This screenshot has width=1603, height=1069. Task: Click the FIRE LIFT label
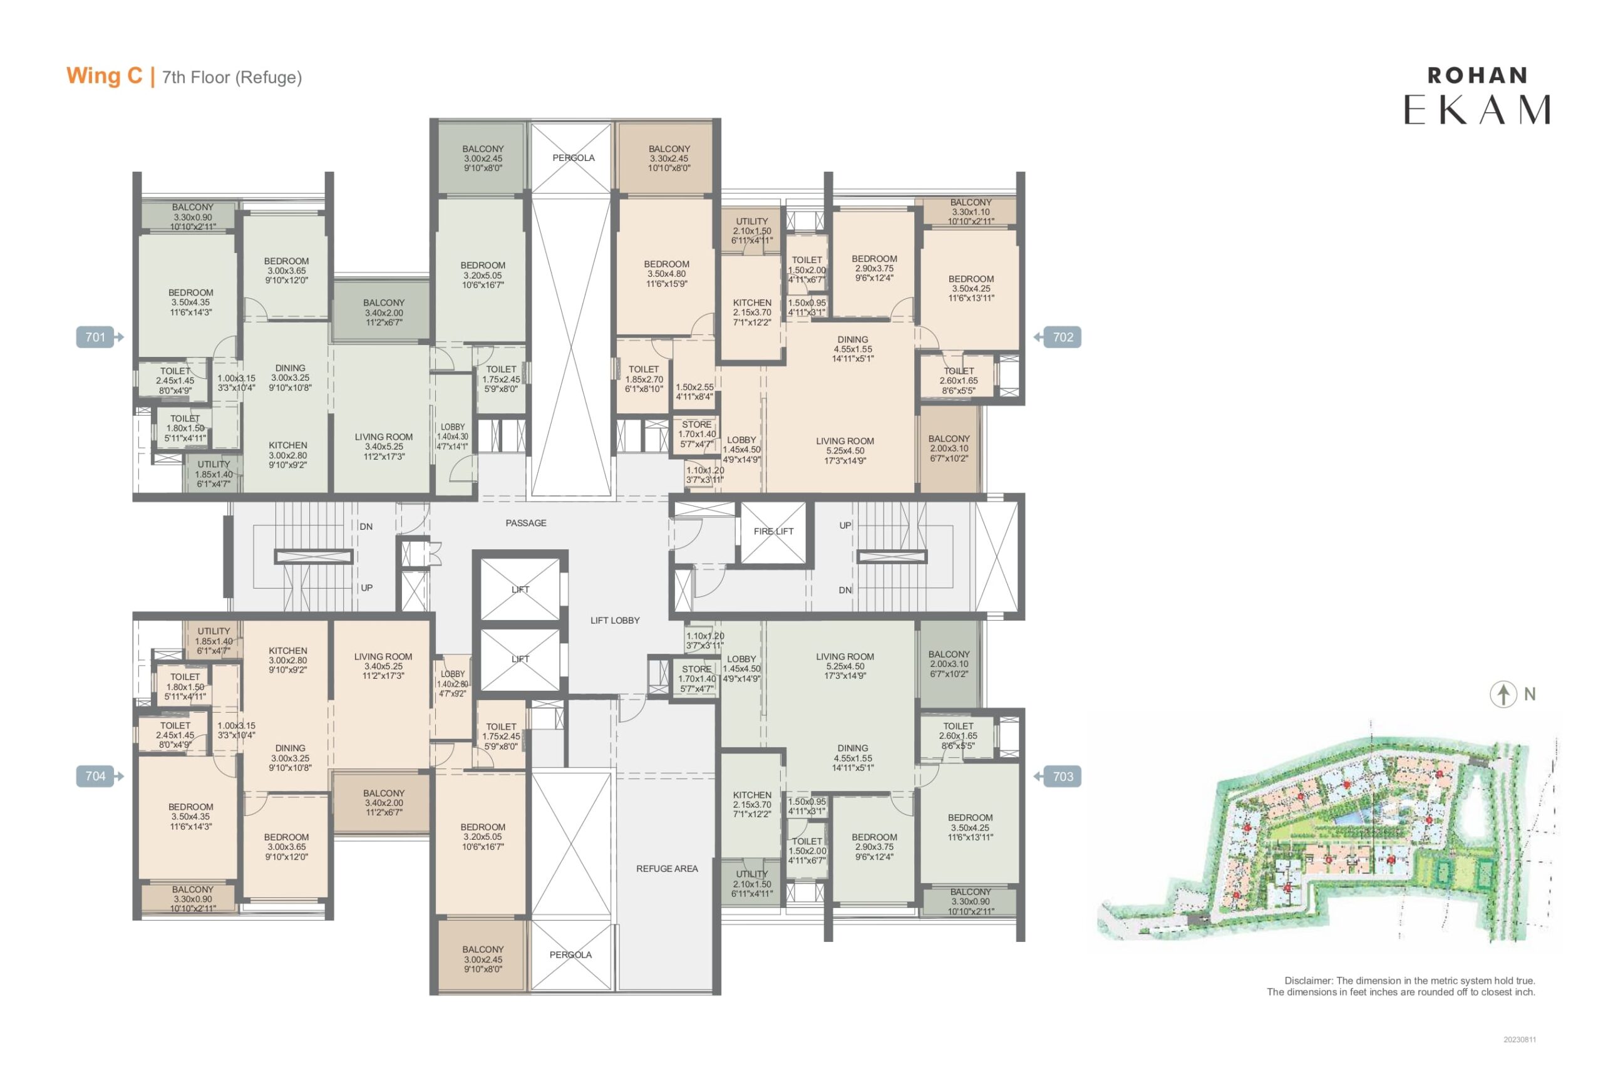pos(773,531)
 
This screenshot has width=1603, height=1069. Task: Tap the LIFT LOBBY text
pos(615,621)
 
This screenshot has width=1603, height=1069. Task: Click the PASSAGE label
pos(525,523)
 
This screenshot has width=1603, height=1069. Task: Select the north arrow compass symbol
pos(1503,694)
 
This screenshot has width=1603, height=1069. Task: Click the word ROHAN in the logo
pos(1478,76)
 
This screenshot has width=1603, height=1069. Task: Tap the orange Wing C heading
pos(105,76)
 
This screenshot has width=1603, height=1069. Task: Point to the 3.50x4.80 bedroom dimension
pos(666,274)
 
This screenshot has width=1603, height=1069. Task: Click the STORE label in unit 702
pos(696,424)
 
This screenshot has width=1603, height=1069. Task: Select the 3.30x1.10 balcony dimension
pos(971,212)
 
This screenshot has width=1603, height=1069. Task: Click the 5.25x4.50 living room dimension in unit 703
pos(845,666)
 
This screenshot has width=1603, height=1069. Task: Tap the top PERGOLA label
pos(573,157)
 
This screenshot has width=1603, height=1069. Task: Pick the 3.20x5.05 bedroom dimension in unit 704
pos(483,837)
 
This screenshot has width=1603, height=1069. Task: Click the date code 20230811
pos(1520,1040)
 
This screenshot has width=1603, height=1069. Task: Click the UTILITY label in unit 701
pos(214,464)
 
